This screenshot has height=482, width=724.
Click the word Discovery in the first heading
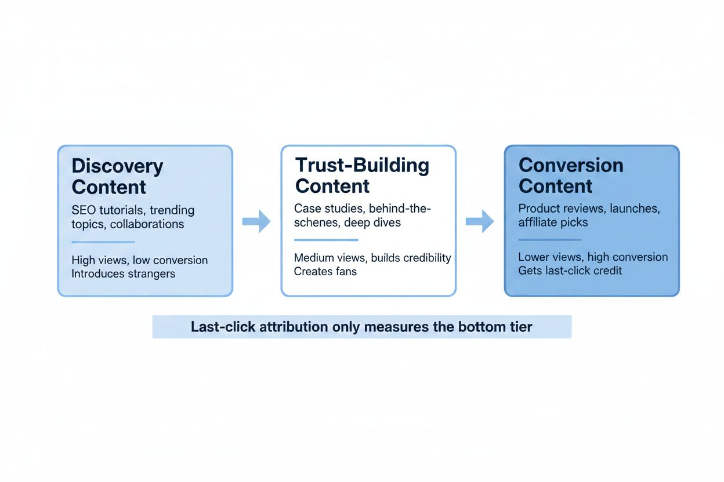coord(117,167)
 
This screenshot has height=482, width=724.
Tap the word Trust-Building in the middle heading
coord(363,165)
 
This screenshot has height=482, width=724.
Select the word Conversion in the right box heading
coord(571,165)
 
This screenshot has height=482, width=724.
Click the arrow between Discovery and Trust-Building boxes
coord(256,221)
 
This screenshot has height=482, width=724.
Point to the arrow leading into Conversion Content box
coord(480,221)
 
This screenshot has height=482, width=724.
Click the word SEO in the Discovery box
coord(84,210)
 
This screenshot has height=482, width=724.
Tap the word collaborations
coord(147,224)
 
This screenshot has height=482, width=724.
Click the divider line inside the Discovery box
coord(103,242)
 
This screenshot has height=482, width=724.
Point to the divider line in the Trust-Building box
coord(326,240)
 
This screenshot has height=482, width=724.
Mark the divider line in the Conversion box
coord(550,239)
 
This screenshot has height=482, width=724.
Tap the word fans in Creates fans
coord(346,272)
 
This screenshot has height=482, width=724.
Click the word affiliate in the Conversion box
coord(538,222)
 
